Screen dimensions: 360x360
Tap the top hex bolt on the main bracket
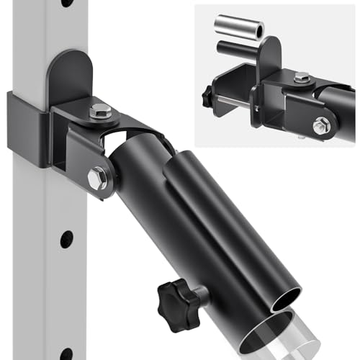pyautogui.click(x=101, y=112)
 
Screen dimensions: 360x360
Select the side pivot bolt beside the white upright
pyautogui.click(x=98, y=177)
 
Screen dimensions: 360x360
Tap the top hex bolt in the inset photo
pyautogui.click(x=302, y=77)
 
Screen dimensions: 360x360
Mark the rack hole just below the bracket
pyautogui.click(x=66, y=238)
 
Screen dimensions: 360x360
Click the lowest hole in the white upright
pyautogui.click(x=67, y=348)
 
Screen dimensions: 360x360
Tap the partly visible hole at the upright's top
pyautogui.click(x=67, y=3)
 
